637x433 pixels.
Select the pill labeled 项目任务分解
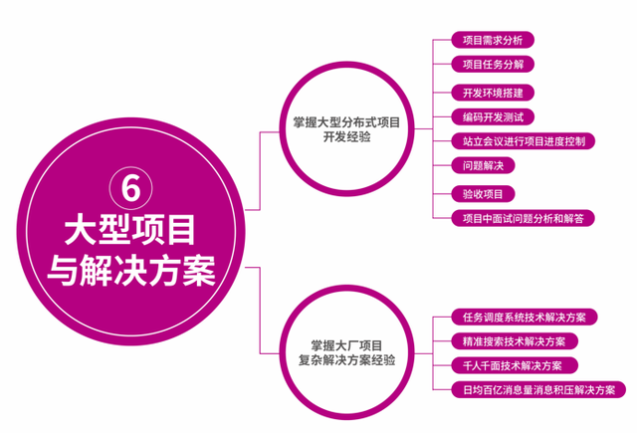tap(494, 65)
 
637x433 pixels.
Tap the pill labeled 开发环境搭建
tap(494, 93)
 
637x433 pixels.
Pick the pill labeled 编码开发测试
tap(494, 117)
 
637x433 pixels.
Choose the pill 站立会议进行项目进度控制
tap(524, 142)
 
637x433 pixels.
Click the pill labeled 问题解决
tap(483, 166)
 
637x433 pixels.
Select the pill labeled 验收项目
tap(483, 193)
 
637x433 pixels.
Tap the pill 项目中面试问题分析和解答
tap(524, 218)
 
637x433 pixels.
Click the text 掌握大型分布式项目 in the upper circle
tap(339, 122)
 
